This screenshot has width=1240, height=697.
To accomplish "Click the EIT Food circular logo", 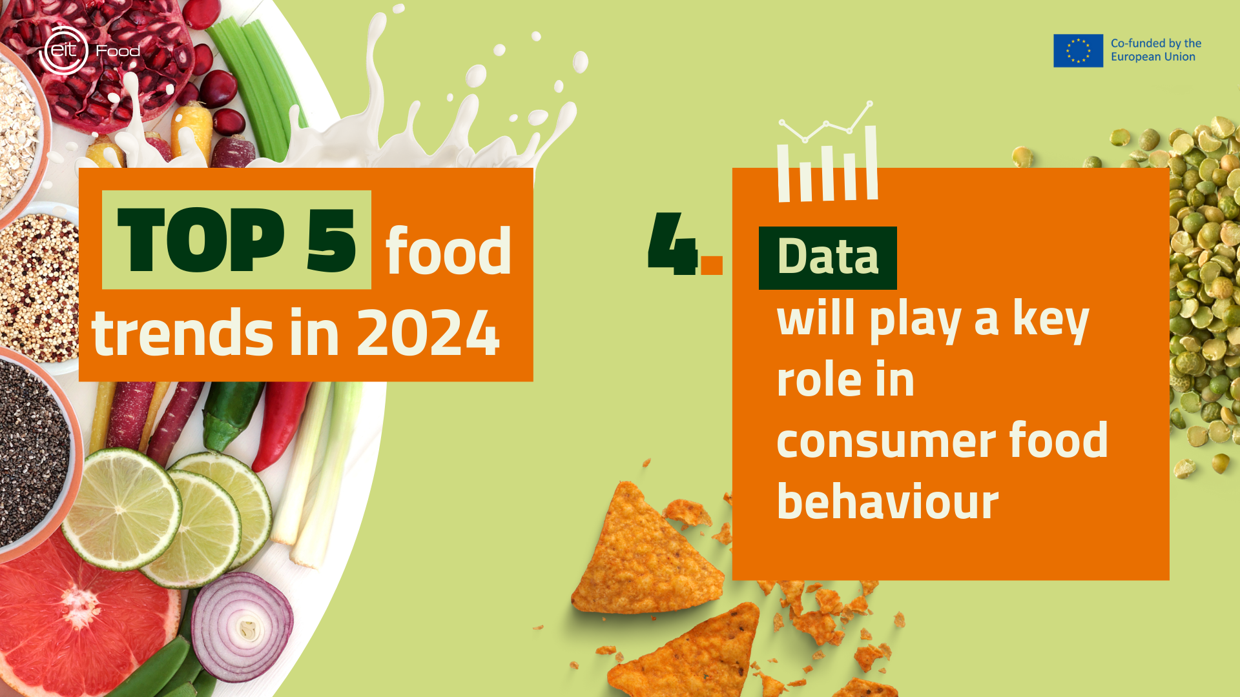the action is coord(63,50).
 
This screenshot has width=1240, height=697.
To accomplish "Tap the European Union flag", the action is coord(1078,50).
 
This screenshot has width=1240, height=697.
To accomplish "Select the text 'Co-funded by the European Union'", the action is coord(1156,50).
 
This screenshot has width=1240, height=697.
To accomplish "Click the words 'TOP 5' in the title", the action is coord(236,240).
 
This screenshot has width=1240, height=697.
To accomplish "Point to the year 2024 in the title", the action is coord(428,332).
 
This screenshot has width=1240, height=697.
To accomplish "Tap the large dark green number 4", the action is coord(672,243).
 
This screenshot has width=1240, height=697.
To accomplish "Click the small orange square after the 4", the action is coord(712,265).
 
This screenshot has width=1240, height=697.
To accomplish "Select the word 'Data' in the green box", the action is coord(828,257).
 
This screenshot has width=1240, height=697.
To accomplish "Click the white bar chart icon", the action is coord(827,152).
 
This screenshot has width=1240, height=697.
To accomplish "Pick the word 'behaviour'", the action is coord(888,501).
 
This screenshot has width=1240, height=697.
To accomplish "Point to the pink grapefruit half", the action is coord(84,620).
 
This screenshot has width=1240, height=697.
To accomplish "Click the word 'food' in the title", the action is coord(448,250).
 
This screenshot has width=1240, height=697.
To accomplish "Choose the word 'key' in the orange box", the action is coord(1051,319).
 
